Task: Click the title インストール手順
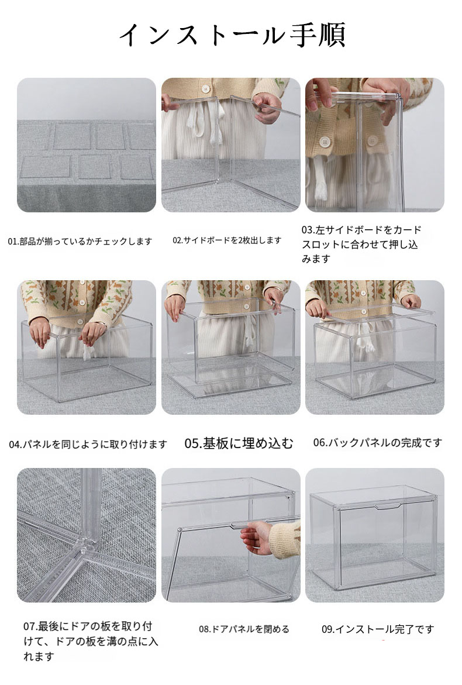[232, 35]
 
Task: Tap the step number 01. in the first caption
[13, 241]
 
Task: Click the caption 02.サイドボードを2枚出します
[227, 240]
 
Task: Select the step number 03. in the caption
[308, 230]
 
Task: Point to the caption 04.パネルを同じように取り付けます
[88, 445]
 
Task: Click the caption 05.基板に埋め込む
[239, 443]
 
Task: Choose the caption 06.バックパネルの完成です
[378, 443]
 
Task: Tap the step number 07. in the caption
[30, 627]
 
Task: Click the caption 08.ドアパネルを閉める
[244, 629]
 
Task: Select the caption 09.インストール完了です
[378, 629]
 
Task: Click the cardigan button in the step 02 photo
[206, 89]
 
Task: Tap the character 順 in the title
[332, 35]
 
